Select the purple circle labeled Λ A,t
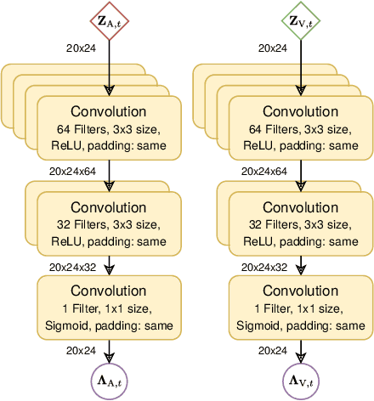coord(109,379)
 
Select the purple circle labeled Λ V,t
coord(301,379)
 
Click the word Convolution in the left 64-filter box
coord(109,111)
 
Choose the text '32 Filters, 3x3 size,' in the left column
coord(109,225)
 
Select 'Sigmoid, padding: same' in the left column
coord(109,325)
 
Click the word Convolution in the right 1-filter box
coord(301,291)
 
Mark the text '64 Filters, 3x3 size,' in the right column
coord(301,130)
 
